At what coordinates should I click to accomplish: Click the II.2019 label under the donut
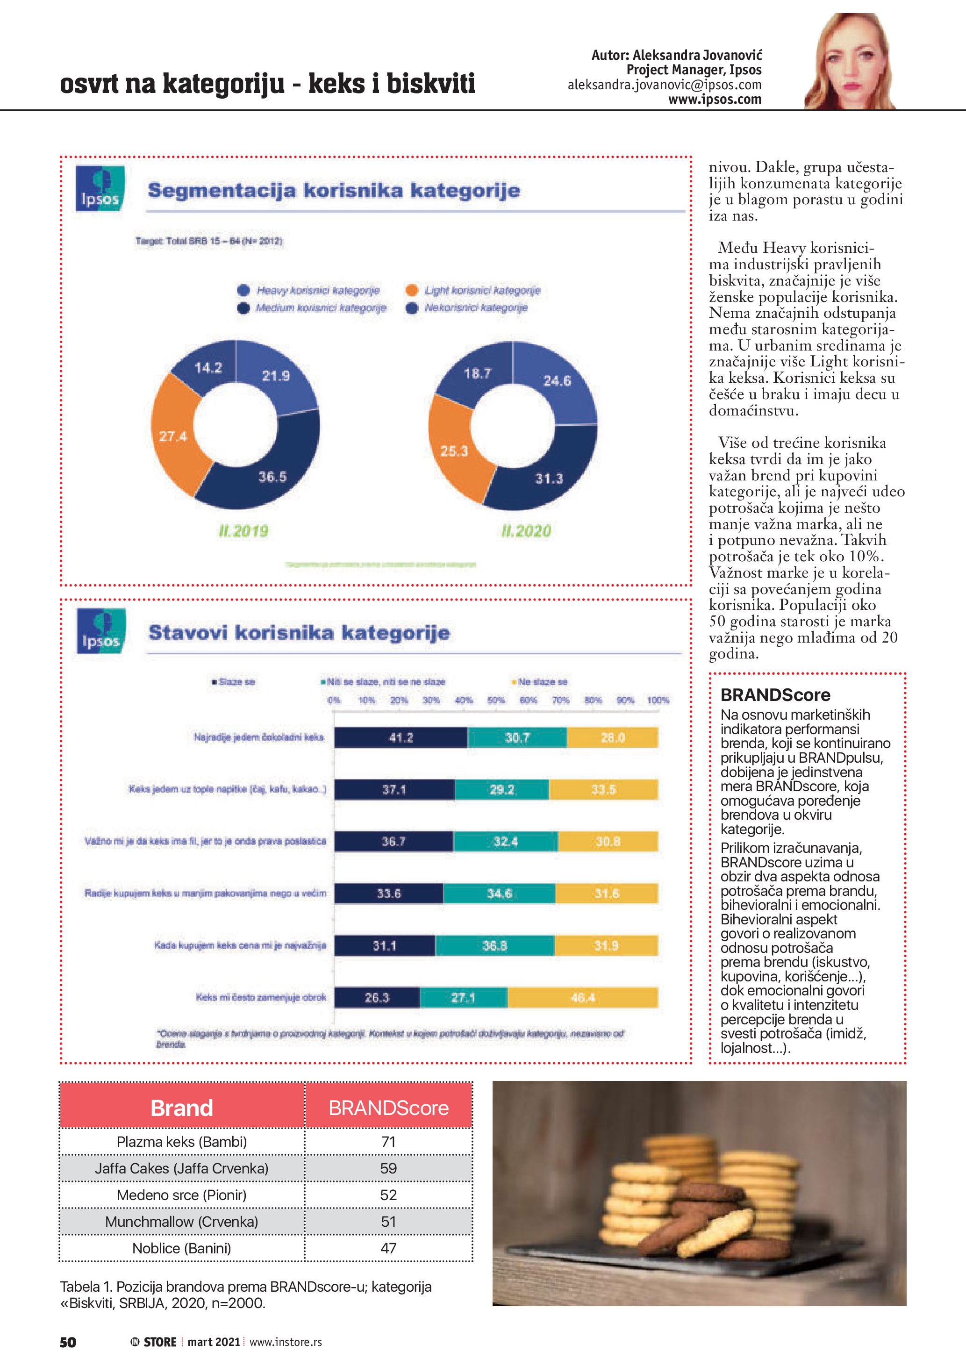point(243,531)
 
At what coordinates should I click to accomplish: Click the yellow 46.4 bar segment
point(582,998)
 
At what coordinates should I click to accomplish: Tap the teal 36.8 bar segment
point(494,945)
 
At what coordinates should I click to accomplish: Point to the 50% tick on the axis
point(496,700)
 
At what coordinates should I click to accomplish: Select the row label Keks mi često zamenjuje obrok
point(261,998)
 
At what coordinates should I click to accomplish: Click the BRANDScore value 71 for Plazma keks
point(388,1142)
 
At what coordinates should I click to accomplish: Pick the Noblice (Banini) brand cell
point(181,1248)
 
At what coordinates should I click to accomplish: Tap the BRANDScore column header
point(388,1108)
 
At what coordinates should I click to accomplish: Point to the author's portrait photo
point(850,63)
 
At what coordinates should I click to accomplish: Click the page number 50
point(68,1342)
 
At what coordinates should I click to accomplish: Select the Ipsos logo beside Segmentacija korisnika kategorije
point(100,189)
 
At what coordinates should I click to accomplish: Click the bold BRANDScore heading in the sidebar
point(775,695)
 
